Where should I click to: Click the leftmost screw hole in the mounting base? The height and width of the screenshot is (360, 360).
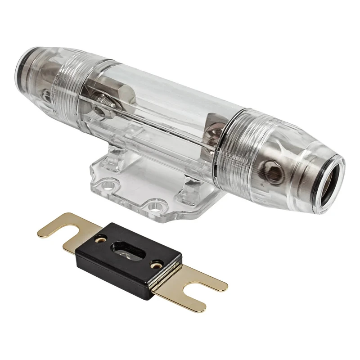pos(106,184)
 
